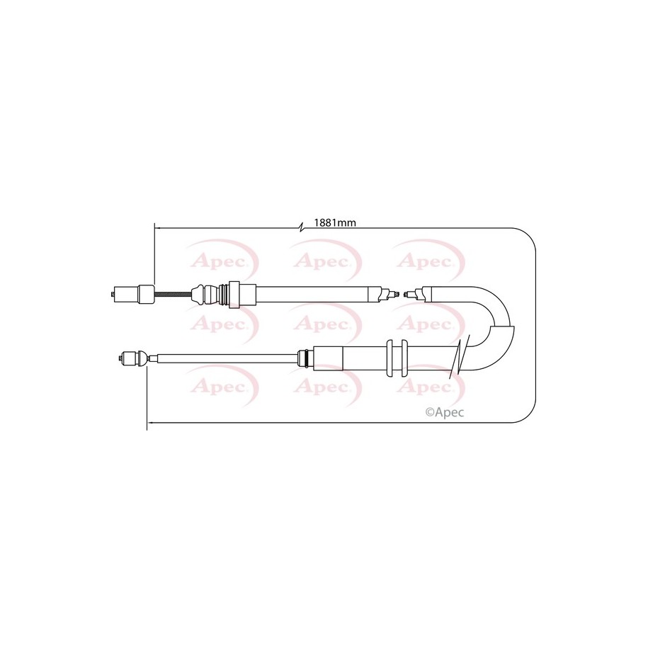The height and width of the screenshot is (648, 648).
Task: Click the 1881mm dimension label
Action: (335, 223)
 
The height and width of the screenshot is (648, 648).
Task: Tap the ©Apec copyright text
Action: (445, 412)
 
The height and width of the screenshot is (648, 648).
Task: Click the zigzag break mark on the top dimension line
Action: (302, 227)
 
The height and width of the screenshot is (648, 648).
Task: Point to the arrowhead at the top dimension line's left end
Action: (157, 227)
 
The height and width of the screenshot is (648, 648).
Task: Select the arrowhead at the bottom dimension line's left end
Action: (150, 422)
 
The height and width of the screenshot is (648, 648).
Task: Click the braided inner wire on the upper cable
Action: (174, 294)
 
